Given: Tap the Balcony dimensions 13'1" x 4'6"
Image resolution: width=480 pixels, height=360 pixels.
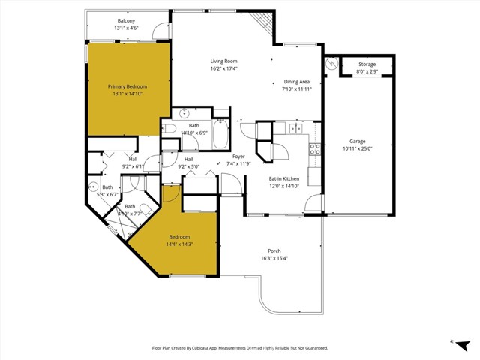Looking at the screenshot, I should (x=126, y=28).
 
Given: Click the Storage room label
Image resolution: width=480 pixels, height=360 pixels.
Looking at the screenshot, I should (x=367, y=64).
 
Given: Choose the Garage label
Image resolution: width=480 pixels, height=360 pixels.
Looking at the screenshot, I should (x=357, y=141).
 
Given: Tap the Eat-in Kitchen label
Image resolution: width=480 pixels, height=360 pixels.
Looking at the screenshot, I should (x=284, y=178).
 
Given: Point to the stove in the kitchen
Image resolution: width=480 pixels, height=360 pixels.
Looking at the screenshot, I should (x=315, y=148).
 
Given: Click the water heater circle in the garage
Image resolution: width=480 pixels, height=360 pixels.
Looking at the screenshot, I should (x=331, y=64).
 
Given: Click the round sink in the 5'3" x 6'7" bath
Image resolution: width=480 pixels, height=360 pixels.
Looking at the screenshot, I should (x=94, y=186).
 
